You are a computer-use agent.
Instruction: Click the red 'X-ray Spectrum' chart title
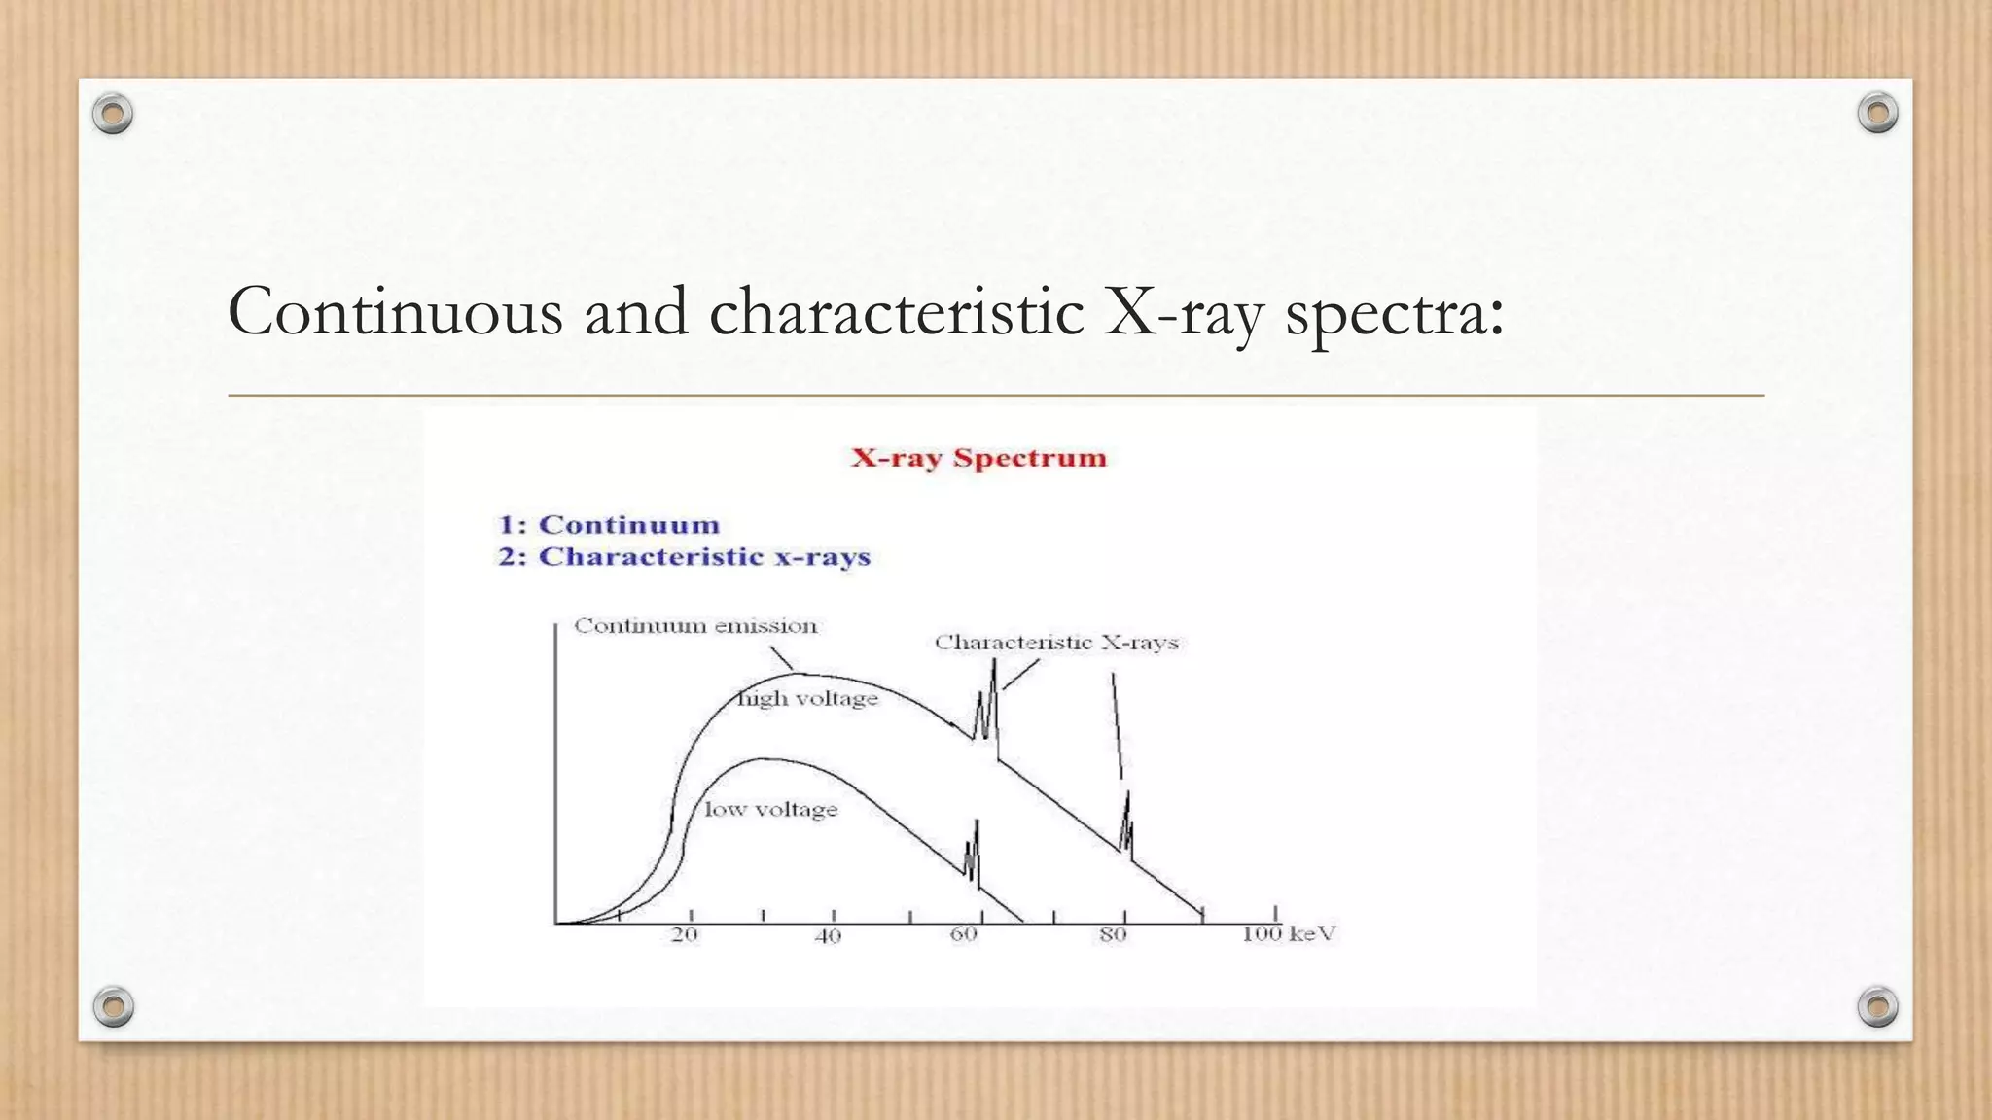978,458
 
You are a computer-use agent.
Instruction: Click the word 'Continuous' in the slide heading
395,312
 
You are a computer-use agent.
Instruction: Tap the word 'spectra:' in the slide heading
1395,312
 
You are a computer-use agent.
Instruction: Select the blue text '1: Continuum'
609,525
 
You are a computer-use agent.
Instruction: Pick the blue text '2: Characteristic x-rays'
684,557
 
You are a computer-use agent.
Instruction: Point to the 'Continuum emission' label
695,626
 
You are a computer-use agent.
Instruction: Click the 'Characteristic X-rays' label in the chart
1056,643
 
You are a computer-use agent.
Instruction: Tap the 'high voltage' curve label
808,699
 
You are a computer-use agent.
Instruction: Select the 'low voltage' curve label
770,810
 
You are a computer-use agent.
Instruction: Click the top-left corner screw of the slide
113,114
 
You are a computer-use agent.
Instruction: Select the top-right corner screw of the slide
1877,113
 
